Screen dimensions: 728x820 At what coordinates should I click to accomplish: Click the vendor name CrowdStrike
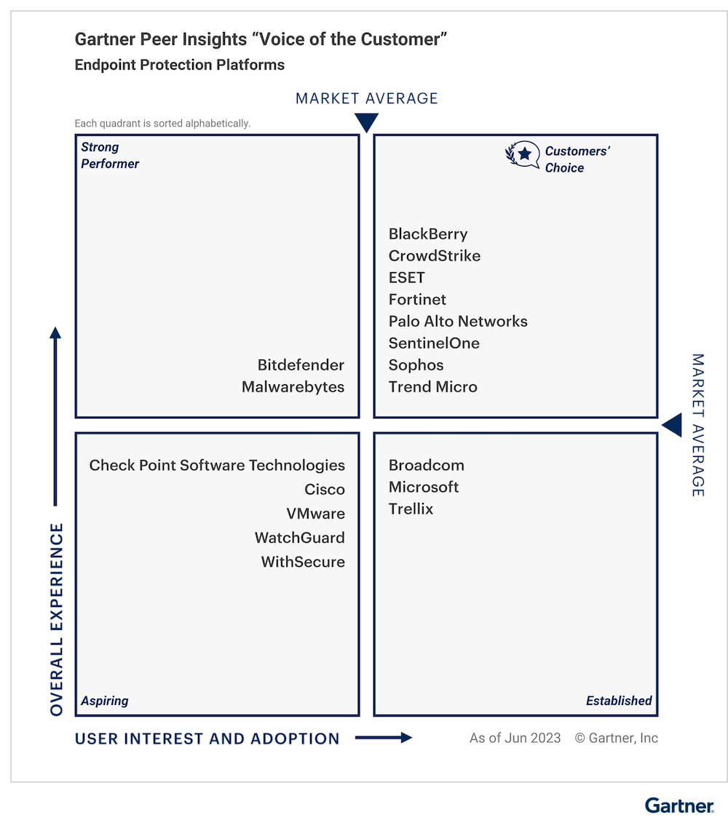click(x=435, y=255)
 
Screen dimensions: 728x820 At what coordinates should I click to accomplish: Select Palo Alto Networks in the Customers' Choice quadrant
click(x=458, y=321)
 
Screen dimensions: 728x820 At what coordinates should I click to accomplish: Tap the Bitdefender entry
click(x=301, y=365)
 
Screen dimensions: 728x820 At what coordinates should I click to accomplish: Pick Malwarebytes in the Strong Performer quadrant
click(x=293, y=387)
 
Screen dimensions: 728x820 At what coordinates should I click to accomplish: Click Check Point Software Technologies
click(x=217, y=466)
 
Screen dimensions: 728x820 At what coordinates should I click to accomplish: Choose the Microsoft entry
click(x=424, y=487)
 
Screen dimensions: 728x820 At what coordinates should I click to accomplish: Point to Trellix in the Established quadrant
click(x=411, y=509)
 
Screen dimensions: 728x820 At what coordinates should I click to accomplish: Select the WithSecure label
click(x=303, y=562)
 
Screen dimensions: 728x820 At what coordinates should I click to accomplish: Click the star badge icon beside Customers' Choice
click(x=522, y=154)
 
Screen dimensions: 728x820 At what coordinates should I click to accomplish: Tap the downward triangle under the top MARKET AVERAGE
click(x=366, y=122)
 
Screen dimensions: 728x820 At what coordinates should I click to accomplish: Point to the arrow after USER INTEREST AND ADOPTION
click(x=384, y=738)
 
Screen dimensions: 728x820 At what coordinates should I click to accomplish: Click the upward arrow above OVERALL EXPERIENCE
click(x=55, y=416)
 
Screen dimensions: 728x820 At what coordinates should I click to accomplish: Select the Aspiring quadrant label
click(x=105, y=701)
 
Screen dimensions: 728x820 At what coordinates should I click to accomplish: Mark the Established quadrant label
click(x=619, y=701)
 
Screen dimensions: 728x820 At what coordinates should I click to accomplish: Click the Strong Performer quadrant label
click(x=110, y=155)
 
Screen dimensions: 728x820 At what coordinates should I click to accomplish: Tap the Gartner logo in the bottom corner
click(x=679, y=805)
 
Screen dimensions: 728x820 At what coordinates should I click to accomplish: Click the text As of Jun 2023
click(x=515, y=738)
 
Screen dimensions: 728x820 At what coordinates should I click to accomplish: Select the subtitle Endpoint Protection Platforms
click(x=180, y=65)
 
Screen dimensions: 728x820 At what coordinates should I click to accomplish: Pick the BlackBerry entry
click(x=428, y=234)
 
